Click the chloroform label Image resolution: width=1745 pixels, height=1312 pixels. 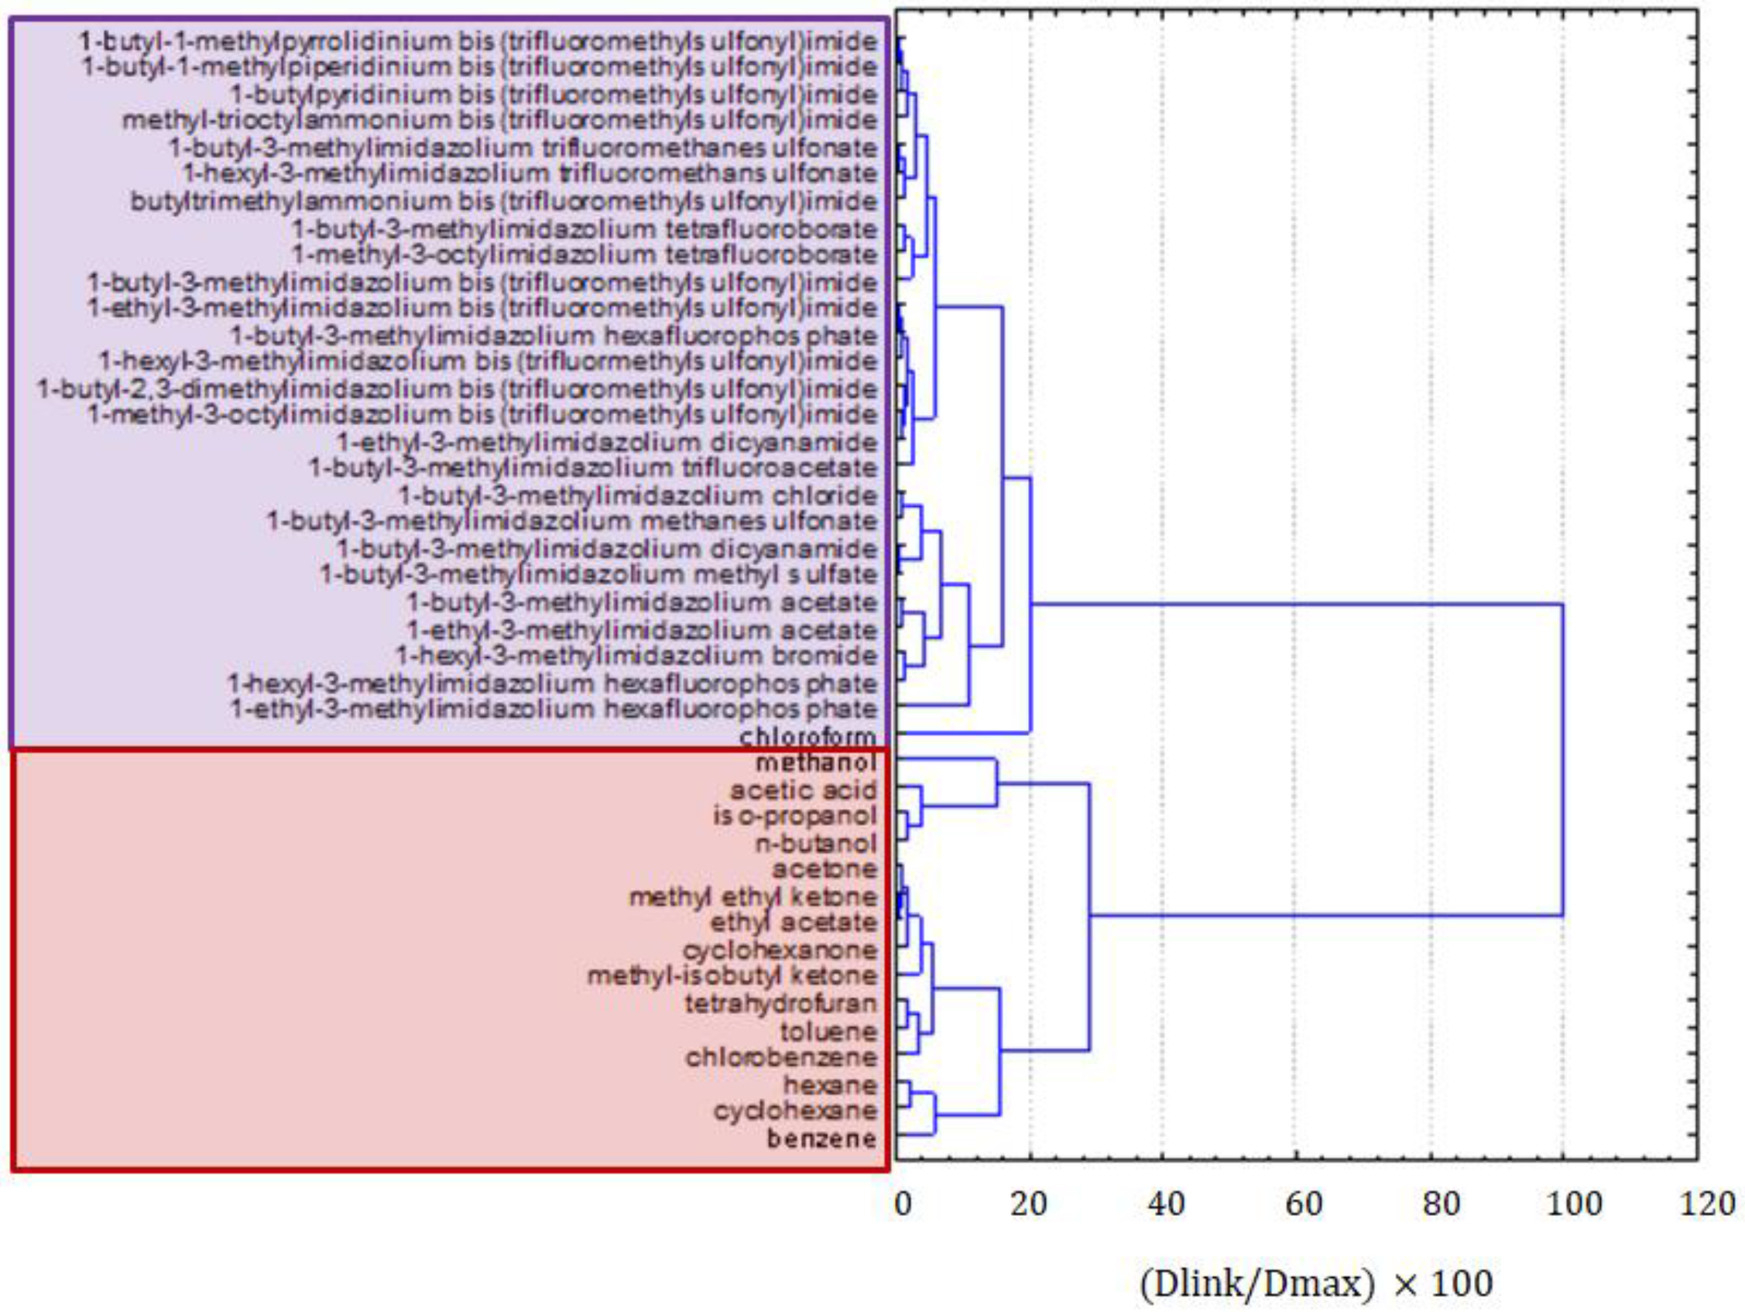point(807,738)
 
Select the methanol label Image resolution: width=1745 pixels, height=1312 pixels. point(816,763)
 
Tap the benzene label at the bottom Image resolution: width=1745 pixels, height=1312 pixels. point(821,1139)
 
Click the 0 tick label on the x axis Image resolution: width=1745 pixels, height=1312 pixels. point(903,1204)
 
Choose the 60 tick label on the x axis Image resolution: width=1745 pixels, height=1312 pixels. point(1303,1204)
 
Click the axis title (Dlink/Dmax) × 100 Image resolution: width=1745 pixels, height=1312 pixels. point(1316,1283)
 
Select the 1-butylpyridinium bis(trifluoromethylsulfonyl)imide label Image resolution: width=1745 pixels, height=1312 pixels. point(553,94)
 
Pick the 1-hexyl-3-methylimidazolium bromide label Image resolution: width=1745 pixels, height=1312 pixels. point(636,656)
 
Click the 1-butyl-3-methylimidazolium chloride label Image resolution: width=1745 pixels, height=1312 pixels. point(637,496)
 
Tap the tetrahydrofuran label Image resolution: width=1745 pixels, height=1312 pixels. point(780,1003)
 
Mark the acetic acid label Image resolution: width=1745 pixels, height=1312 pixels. point(803,790)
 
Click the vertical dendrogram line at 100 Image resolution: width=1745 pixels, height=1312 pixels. point(1562,759)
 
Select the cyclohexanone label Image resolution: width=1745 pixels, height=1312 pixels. point(780,950)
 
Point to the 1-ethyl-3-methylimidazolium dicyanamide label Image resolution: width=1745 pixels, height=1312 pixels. point(607,442)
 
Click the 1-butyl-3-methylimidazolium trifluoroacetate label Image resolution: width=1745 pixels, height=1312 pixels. point(592,468)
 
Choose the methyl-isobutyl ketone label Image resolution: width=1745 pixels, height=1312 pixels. point(732,976)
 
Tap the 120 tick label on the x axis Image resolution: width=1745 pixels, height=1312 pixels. point(1707,1204)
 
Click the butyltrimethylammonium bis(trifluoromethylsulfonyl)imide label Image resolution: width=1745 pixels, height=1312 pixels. point(503,201)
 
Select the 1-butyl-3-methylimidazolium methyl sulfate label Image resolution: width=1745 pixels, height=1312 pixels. point(598,574)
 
